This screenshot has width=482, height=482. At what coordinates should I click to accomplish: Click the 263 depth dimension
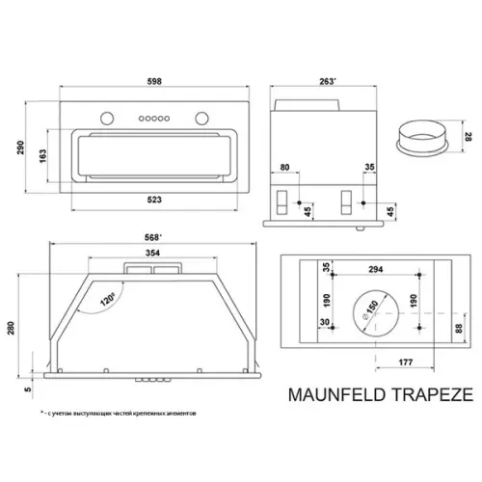[x=328, y=82]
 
